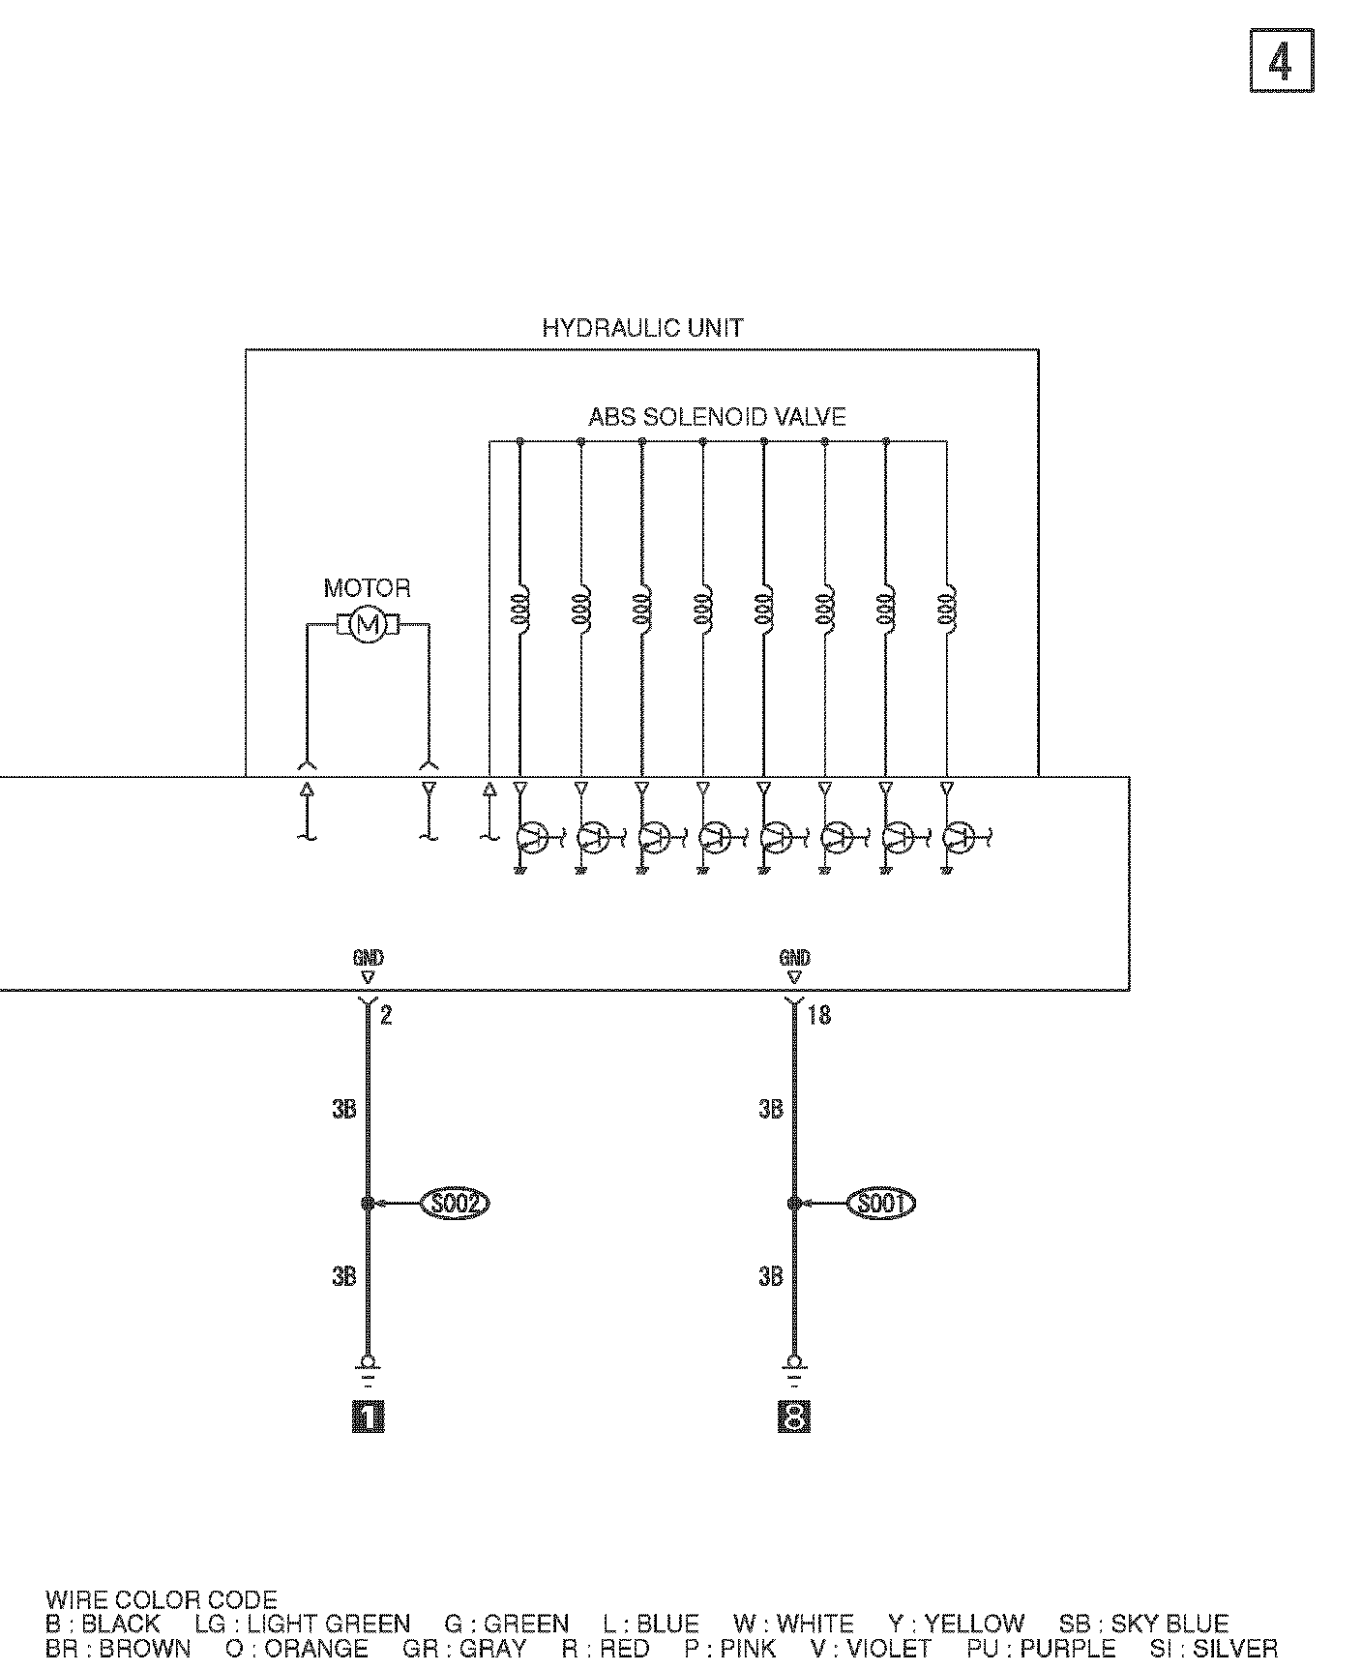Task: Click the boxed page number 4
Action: pyautogui.click(x=1282, y=61)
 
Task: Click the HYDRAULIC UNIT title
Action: pyautogui.click(x=642, y=328)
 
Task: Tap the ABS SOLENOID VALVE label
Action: pyautogui.click(x=717, y=417)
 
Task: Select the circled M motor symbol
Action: pyautogui.click(x=368, y=625)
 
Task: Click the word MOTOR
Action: pyautogui.click(x=367, y=588)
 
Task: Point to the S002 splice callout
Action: pyautogui.click(x=455, y=1204)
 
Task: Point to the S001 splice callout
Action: pyautogui.click(x=880, y=1204)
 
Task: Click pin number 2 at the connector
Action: pyautogui.click(x=385, y=1016)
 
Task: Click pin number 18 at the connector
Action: pyautogui.click(x=818, y=1016)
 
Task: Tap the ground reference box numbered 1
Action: pyautogui.click(x=368, y=1418)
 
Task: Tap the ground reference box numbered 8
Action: pyautogui.click(x=794, y=1418)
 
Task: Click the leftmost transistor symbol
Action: pyautogui.click(x=532, y=837)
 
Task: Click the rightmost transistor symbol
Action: pyautogui.click(x=959, y=837)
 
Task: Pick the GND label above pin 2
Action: pyautogui.click(x=368, y=958)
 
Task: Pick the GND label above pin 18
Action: pyautogui.click(x=794, y=958)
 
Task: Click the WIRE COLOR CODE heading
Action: pyautogui.click(x=161, y=1600)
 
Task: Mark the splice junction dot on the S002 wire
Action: pyautogui.click(x=368, y=1204)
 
